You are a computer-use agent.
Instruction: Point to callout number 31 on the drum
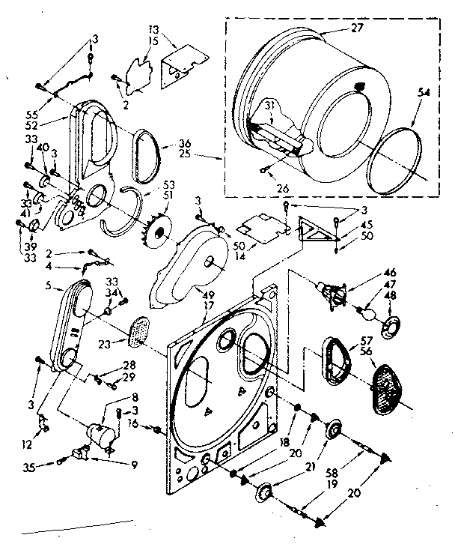[x=266, y=106]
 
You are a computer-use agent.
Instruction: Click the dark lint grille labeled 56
[x=388, y=386]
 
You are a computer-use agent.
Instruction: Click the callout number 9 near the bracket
[x=134, y=465]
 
